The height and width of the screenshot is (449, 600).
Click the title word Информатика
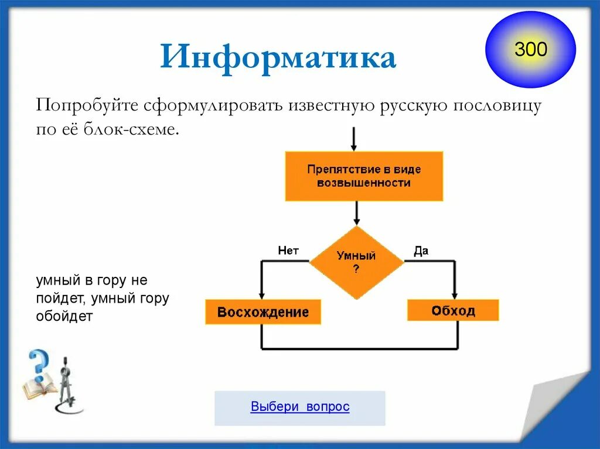click(x=278, y=59)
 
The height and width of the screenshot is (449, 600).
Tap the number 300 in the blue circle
click(x=531, y=50)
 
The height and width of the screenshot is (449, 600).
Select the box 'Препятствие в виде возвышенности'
click(x=364, y=176)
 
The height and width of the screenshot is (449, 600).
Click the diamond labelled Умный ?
click(x=356, y=262)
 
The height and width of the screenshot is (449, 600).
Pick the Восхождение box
click(x=262, y=312)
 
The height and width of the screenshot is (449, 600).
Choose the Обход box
click(x=453, y=310)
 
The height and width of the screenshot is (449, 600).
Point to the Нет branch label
click(x=288, y=251)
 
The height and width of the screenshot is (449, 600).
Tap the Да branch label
click(x=421, y=251)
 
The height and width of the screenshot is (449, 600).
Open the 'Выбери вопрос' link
click(x=300, y=407)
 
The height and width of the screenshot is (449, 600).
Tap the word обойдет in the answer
click(x=64, y=317)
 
